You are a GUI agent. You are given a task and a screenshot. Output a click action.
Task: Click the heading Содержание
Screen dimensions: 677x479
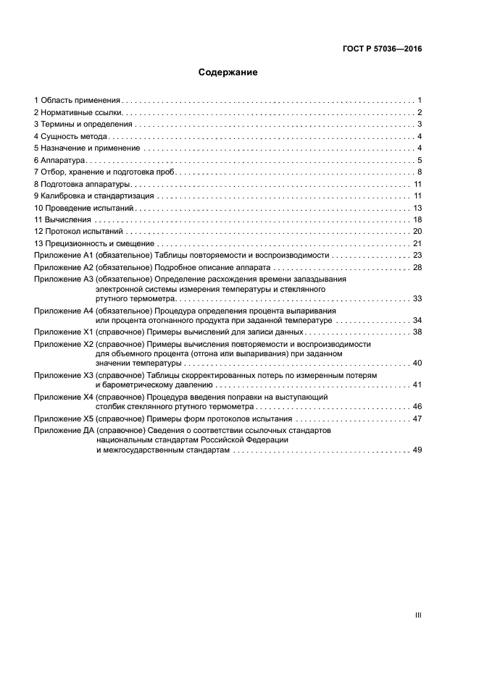(x=228, y=72)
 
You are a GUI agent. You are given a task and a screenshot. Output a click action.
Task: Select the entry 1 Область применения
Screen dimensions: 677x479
(x=78, y=100)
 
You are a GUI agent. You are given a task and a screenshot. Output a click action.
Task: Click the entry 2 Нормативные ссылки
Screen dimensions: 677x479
(x=79, y=112)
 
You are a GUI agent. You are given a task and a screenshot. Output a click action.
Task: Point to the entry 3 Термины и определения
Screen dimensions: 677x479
(x=84, y=125)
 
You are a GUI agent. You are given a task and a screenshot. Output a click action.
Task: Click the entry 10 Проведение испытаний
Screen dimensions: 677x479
(x=85, y=208)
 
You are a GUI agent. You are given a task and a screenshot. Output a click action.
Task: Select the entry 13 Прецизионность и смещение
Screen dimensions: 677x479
(x=93, y=243)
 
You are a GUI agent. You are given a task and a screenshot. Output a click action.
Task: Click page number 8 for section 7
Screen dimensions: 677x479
(x=420, y=172)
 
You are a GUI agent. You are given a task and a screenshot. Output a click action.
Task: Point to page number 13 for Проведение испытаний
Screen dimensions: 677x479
(x=417, y=208)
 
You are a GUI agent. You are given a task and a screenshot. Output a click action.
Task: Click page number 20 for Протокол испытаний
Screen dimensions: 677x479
(x=417, y=232)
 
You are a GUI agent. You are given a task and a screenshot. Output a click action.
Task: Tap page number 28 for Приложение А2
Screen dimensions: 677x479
(x=417, y=267)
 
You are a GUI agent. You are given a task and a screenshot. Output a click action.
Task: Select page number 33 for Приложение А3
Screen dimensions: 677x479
(x=417, y=298)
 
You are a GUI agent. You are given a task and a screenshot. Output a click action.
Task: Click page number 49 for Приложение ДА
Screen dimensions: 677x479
(x=417, y=450)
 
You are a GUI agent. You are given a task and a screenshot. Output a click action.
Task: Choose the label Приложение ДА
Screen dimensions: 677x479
(x=64, y=430)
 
